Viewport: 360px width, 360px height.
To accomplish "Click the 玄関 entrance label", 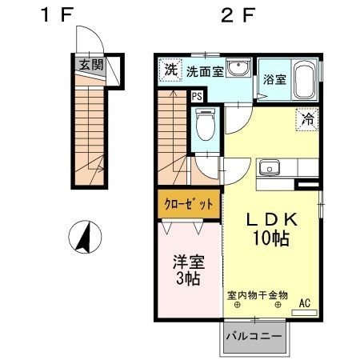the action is (91, 65).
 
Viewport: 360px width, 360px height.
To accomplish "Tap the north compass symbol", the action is (85, 237).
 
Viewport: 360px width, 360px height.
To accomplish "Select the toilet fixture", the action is (205, 124).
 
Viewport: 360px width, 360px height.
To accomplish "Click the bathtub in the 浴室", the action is (304, 80).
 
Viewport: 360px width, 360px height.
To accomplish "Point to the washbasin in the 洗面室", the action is (238, 67).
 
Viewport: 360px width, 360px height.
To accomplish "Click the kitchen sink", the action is (270, 167).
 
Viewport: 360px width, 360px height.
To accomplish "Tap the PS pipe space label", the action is (197, 97).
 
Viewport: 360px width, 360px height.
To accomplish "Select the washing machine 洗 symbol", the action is (170, 70).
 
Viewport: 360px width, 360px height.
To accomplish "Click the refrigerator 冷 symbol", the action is (307, 119).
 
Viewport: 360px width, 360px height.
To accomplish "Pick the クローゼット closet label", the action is (189, 205).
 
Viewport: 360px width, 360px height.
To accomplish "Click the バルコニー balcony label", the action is (254, 336).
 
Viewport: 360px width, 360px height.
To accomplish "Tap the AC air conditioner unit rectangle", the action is (304, 313).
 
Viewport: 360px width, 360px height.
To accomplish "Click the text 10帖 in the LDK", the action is (271, 238).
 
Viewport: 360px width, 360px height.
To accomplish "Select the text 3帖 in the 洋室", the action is (188, 278).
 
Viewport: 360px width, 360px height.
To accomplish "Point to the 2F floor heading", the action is (238, 14).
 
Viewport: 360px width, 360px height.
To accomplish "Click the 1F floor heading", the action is (57, 14).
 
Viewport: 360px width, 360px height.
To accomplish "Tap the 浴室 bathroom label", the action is (274, 79).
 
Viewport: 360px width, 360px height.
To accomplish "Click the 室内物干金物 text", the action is (258, 295).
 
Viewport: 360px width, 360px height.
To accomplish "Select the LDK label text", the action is (271, 220).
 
